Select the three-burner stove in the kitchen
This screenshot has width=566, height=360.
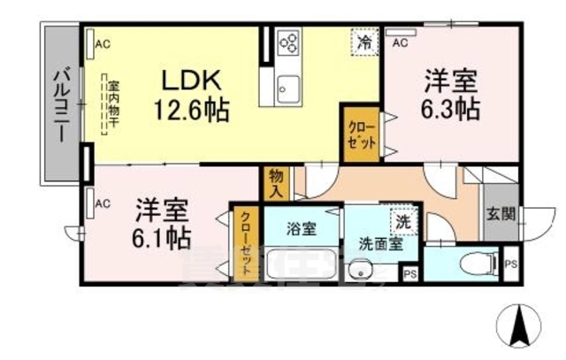(x=289, y=42)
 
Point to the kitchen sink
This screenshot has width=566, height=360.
(x=288, y=87)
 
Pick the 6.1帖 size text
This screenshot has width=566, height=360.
(x=163, y=237)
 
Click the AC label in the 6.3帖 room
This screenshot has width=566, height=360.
(x=400, y=42)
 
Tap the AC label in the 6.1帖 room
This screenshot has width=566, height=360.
(x=102, y=203)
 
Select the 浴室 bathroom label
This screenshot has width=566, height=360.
(x=300, y=227)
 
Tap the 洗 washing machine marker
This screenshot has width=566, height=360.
(x=402, y=218)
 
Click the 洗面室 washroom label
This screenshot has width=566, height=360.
(x=380, y=240)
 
